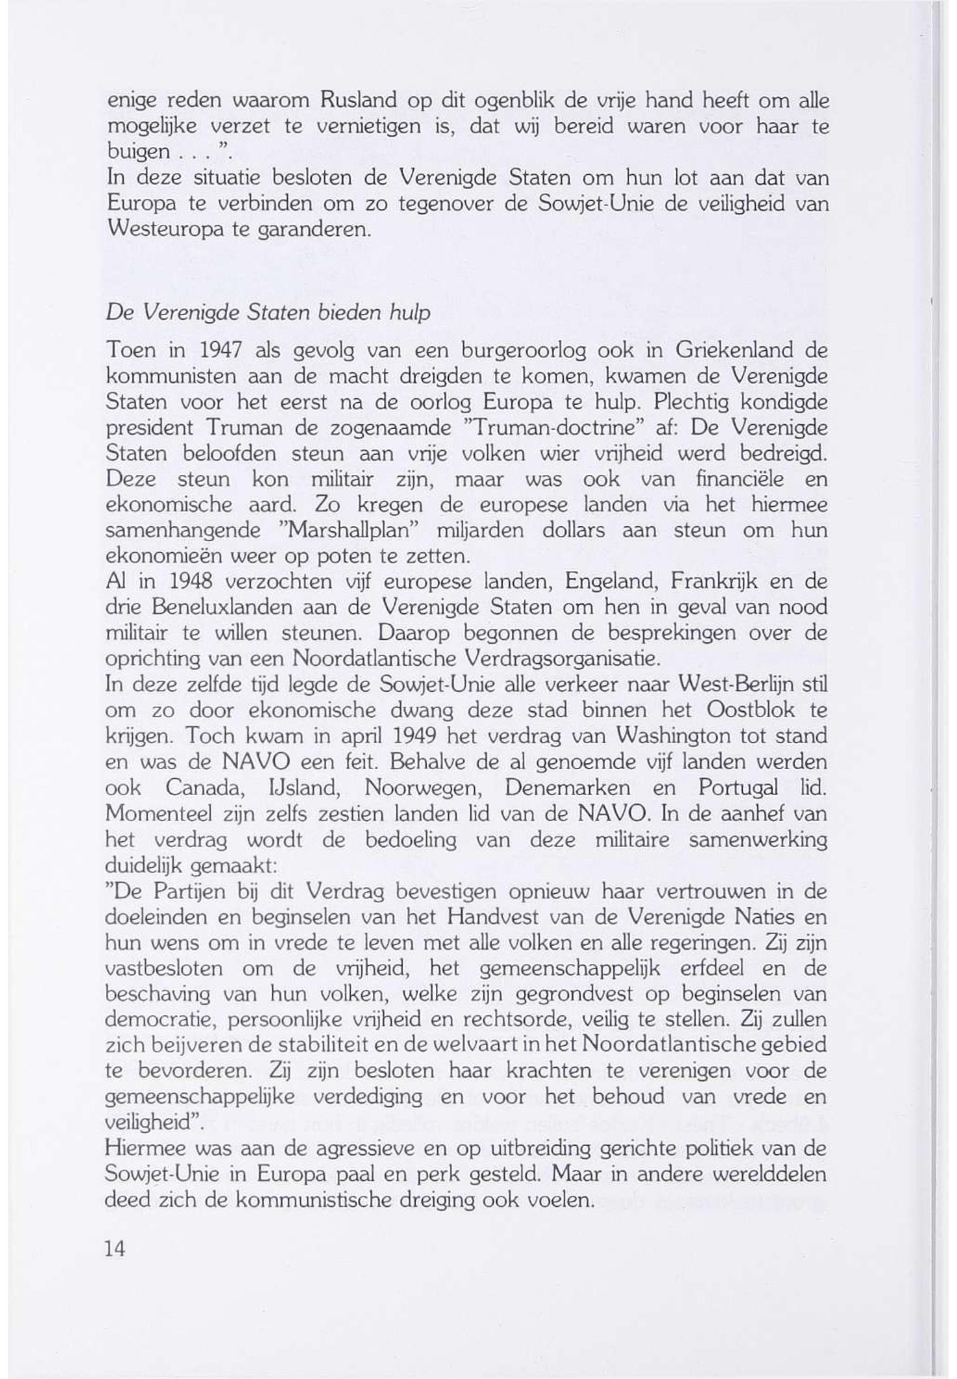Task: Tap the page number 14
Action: [115, 1248]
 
